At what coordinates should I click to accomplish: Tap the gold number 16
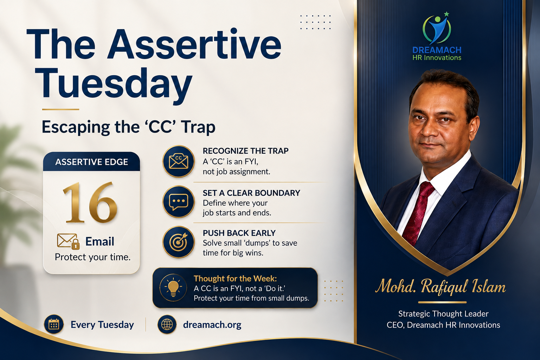[x=90, y=202]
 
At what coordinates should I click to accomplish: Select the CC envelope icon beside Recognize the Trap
[x=178, y=161]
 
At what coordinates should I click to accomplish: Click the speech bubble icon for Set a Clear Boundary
[x=178, y=201]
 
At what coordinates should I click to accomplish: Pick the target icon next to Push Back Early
[x=178, y=242]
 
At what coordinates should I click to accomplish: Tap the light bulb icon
[x=173, y=288]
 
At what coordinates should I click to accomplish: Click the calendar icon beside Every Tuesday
[x=54, y=324]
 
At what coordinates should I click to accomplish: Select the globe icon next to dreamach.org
[x=167, y=324]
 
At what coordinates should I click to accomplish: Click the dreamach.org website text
[x=212, y=324]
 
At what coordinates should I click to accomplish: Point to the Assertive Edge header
[x=92, y=162]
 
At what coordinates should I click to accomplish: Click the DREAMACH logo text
[x=437, y=50]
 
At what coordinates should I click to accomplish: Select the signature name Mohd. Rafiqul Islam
[x=441, y=287]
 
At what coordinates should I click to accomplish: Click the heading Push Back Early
[x=239, y=233]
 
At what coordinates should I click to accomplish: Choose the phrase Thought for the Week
[x=235, y=278]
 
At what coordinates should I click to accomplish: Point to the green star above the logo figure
[x=446, y=14]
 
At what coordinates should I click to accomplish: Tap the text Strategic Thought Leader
[x=443, y=314]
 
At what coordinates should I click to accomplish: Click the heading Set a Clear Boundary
[x=251, y=193]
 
